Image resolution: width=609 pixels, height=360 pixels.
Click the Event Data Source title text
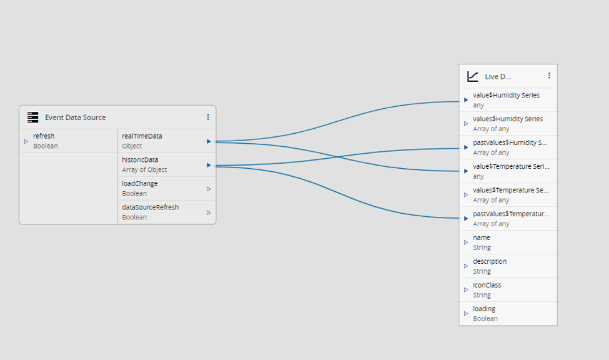(x=76, y=117)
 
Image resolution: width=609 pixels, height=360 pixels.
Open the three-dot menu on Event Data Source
(x=208, y=117)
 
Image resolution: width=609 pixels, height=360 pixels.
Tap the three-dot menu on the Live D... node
(x=549, y=76)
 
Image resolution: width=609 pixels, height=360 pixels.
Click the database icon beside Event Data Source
(x=33, y=117)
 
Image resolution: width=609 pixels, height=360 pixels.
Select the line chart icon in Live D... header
(x=473, y=76)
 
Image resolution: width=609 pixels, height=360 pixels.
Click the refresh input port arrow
(x=26, y=141)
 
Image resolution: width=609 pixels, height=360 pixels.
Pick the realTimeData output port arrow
(x=209, y=141)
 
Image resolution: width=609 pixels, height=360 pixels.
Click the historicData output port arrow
(x=209, y=165)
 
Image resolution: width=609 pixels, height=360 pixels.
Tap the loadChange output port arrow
(x=209, y=189)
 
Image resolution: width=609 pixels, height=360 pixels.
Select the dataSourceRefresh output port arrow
(x=209, y=212)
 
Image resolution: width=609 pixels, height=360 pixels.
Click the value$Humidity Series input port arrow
(x=466, y=100)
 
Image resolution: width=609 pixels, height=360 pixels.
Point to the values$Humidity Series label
(x=508, y=119)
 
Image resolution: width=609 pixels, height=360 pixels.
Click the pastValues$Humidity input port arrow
(x=466, y=147)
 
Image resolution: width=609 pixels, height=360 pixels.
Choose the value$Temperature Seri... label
(x=511, y=166)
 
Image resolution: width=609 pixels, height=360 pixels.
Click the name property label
(x=482, y=237)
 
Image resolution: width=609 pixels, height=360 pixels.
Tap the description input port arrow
(x=466, y=266)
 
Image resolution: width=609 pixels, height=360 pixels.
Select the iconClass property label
(x=487, y=285)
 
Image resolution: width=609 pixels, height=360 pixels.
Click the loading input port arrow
(x=466, y=313)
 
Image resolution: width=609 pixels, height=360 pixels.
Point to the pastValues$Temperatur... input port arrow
(x=466, y=219)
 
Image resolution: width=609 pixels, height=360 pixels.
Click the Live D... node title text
(x=498, y=77)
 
